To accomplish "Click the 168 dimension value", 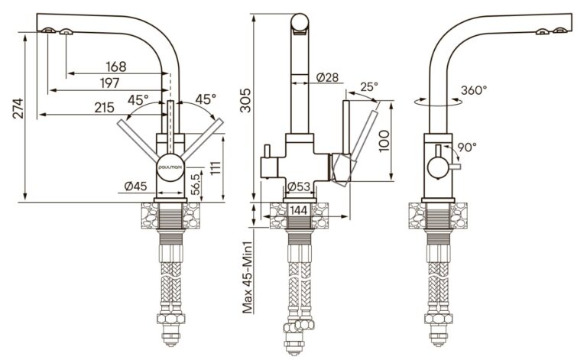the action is click(x=116, y=66).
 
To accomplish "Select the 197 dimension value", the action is click(x=110, y=83).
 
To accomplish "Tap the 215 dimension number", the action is click(x=104, y=108).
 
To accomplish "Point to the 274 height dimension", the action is click(x=18, y=109).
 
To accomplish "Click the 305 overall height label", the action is click(x=245, y=100).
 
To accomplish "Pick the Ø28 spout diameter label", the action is click(x=327, y=77).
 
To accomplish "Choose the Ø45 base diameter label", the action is click(x=135, y=186).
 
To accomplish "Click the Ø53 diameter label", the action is click(x=299, y=186).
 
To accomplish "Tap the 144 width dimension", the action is click(x=299, y=210).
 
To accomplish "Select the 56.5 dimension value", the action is click(x=195, y=183).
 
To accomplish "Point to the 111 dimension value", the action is click(x=216, y=168).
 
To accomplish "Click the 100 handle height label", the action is click(x=384, y=141).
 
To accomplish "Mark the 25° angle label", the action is click(x=369, y=87).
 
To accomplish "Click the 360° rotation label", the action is click(x=474, y=90).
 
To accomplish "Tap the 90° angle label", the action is click(x=467, y=147).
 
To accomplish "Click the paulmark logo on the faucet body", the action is click(x=170, y=167).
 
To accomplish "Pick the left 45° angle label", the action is click(x=138, y=100).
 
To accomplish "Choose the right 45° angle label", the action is click(x=206, y=99).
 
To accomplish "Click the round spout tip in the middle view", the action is click(x=300, y=22).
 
